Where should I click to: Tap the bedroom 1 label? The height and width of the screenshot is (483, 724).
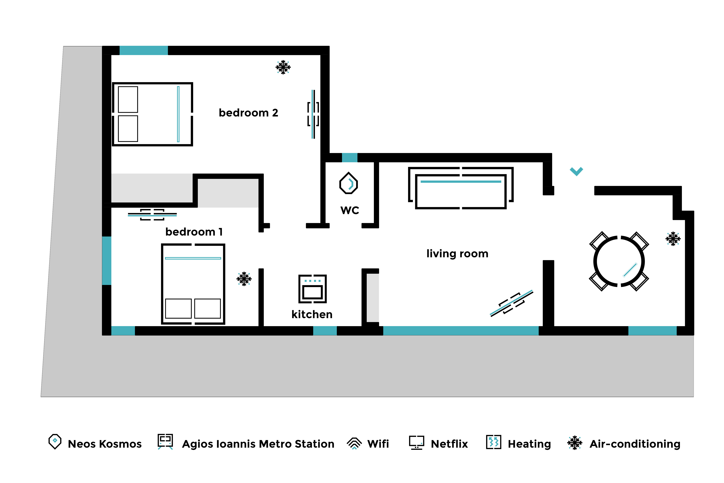coord(194,232)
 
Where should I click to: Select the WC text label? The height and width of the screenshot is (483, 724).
coord(350,210)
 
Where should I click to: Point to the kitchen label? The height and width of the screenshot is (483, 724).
coord(312,314)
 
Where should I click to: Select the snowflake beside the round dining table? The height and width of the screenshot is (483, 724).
coord(673,239)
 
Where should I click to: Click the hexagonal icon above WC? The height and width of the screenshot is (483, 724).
coord(348,183)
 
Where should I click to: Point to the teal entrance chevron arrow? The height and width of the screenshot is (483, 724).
coord(576,171)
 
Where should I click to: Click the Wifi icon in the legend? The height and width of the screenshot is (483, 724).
coord(354,444)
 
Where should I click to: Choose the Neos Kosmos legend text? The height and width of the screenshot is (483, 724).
coord(105,444)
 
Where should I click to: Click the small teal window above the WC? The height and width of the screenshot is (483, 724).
coord(350,157)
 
